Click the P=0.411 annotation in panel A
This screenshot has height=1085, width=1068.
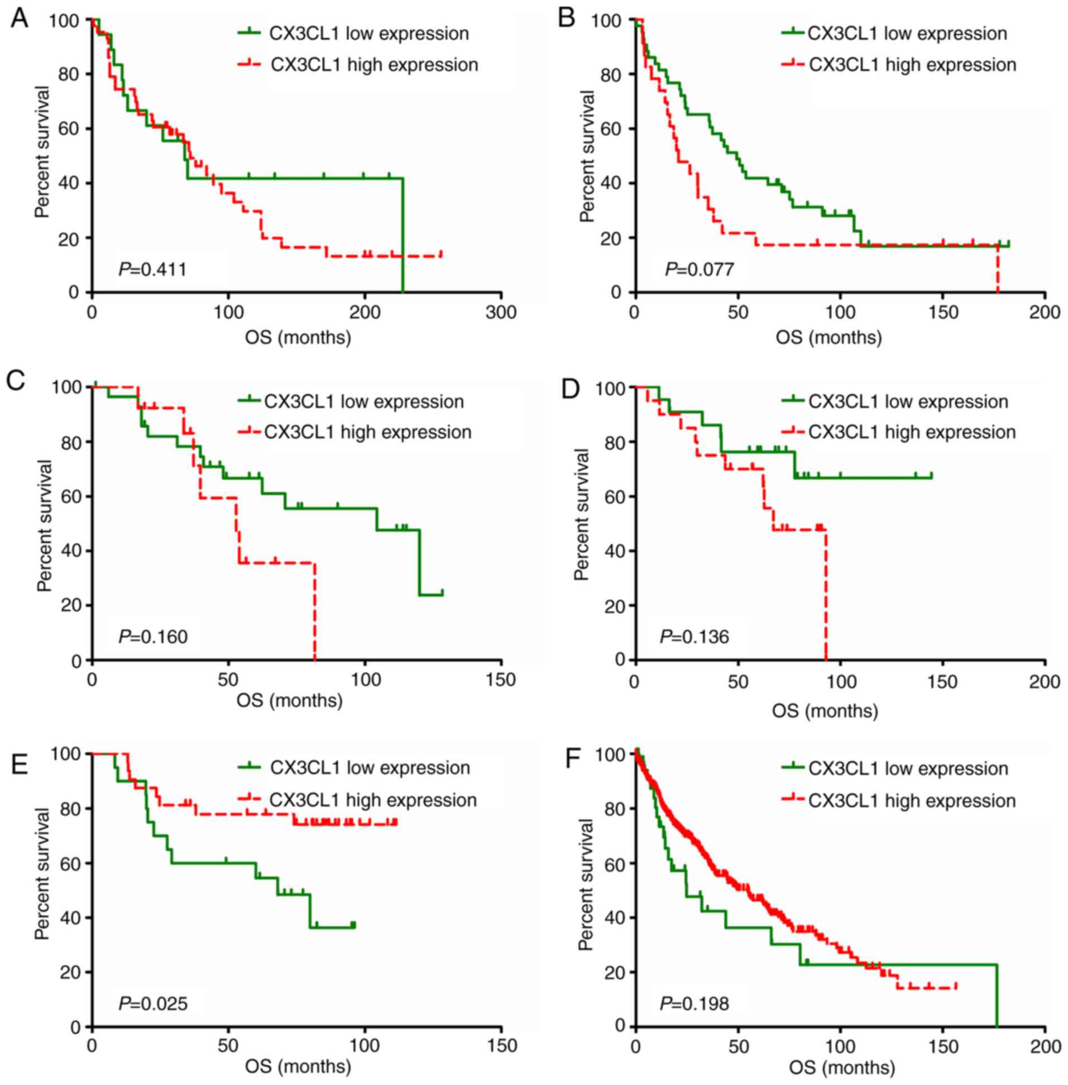click(152, 270)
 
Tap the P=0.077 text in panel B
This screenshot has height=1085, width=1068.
click(699, 270)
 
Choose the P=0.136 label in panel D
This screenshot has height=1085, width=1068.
click(694, 637)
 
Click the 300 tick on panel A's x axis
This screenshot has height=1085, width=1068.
click(501, 313)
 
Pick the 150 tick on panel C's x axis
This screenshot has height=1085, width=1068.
click(501, 680)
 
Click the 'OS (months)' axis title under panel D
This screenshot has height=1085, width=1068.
click(825, 711)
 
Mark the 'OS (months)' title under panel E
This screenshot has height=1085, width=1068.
click(298, 1066)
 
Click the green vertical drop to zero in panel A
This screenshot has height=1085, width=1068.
click(403, 236)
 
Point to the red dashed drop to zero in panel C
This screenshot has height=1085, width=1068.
click(315, 611)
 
